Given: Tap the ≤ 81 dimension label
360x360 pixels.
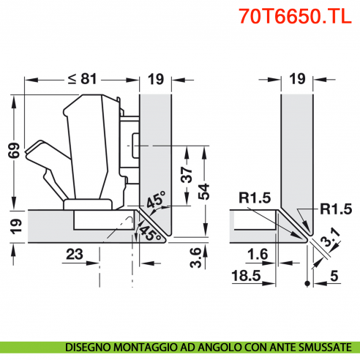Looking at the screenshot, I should coord(82,79).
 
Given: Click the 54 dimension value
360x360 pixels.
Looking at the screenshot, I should coord(206,192).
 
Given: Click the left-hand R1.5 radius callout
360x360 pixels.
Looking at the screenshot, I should coord(254,198).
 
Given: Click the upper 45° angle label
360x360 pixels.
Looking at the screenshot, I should coord(156,201).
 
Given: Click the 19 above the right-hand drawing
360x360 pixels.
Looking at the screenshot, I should coord(296,79).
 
